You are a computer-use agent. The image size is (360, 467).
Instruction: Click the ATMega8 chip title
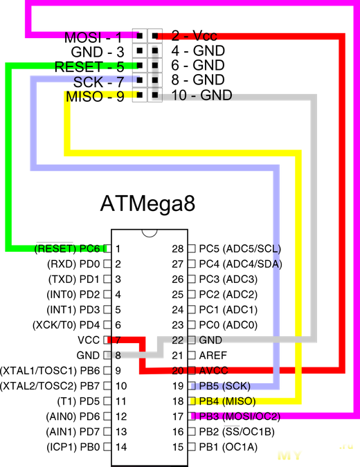tap(148, 203)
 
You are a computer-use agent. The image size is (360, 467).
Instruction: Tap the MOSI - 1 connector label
tap(93, 37)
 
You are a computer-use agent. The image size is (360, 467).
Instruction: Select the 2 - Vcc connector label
tap(195, 36)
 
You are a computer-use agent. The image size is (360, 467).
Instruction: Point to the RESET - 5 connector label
tap(89, 66)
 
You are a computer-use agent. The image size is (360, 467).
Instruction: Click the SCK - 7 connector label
tap(98, 82)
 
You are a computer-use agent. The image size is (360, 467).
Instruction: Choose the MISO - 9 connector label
tap(95, 96)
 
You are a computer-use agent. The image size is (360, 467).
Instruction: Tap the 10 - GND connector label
tap(201, 95)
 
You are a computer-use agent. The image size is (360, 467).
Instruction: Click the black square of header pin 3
tap(139, 51)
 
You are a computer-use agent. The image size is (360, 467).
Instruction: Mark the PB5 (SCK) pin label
tap(225, 386)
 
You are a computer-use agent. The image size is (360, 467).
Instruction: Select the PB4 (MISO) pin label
tap(227, 401)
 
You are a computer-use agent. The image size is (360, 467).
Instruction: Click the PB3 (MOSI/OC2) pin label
tap(240, 416)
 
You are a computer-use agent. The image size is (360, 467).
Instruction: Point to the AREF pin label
tap(213, 356)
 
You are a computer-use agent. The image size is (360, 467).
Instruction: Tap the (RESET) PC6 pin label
tap(67, 248)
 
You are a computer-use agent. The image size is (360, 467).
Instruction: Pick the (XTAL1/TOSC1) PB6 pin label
tap(50, 371)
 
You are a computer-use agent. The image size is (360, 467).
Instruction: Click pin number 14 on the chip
tap(121, 447)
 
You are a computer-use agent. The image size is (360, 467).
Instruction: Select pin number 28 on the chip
tap(178, 248)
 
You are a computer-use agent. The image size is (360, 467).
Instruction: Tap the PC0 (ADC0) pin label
tap(228, 325)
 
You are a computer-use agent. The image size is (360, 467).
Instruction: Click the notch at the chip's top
tap(150, 234)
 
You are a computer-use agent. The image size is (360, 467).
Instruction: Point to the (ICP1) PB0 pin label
tap(73, 447)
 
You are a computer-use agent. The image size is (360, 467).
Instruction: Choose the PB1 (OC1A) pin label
tap(228, 447)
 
